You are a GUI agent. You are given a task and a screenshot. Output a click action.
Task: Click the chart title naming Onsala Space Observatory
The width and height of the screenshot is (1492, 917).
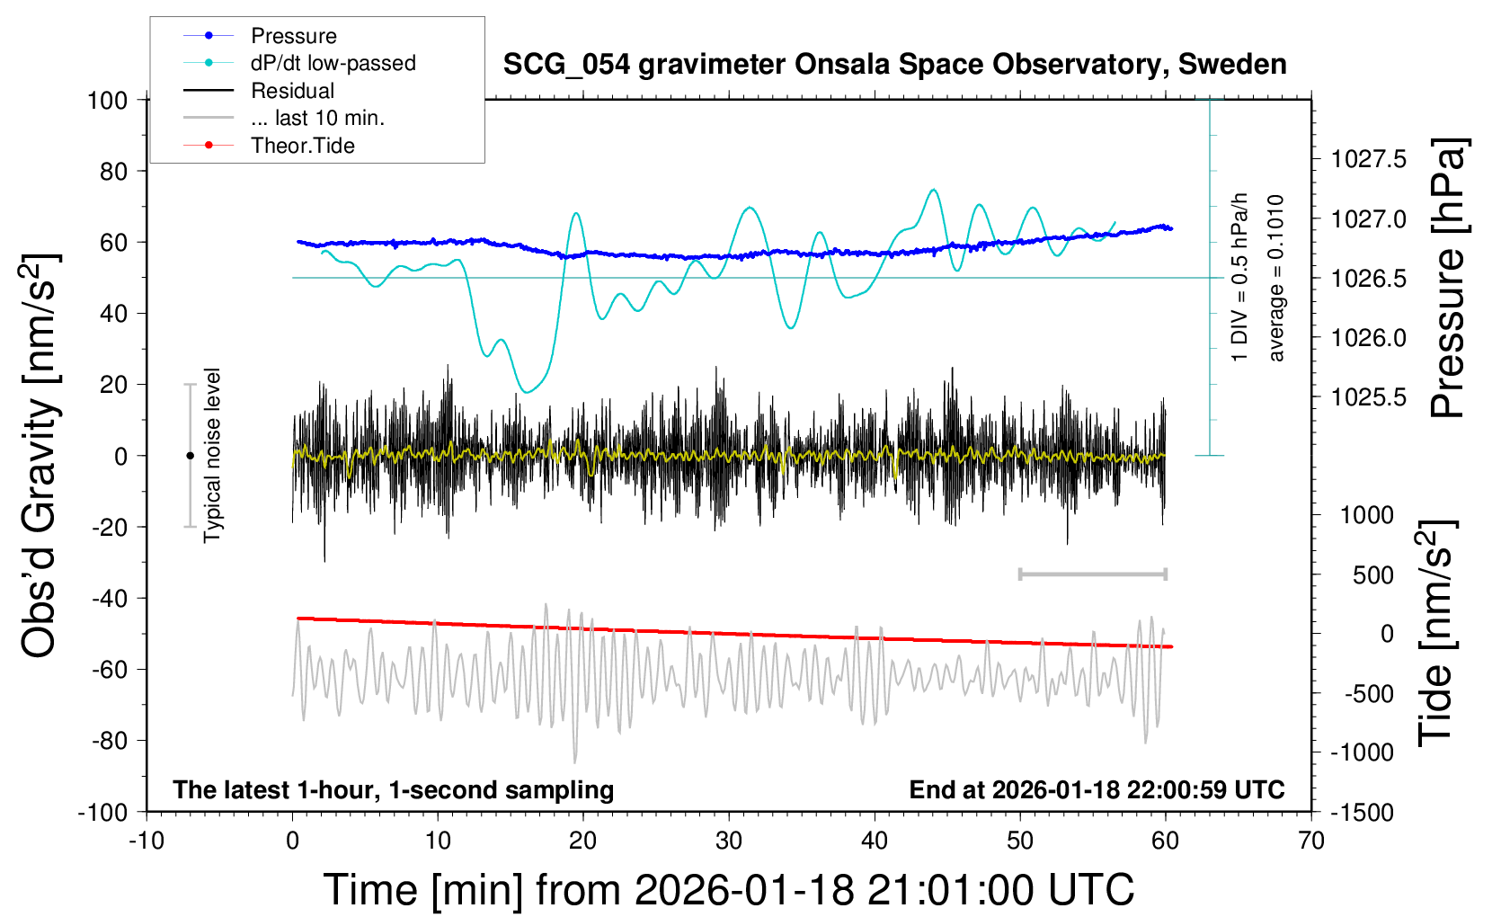894,65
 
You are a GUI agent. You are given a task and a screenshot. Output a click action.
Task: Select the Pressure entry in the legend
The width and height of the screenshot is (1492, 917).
293,36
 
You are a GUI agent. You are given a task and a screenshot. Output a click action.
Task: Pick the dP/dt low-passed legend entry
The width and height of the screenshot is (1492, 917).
333,63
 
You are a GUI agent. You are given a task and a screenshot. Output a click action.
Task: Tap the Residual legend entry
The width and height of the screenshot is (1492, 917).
292,91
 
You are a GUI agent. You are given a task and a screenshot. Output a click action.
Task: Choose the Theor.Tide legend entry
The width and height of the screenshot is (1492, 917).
302,146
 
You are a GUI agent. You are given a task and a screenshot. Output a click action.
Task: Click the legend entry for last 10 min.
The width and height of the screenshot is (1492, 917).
317,118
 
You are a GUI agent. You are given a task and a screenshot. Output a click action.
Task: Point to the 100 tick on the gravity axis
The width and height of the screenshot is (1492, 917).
107,100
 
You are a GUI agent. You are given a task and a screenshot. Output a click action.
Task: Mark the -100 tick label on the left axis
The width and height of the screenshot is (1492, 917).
102,812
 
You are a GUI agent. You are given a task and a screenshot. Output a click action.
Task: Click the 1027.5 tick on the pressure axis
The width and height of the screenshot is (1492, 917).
1369,159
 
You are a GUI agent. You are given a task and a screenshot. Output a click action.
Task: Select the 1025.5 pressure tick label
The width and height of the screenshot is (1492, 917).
1369,396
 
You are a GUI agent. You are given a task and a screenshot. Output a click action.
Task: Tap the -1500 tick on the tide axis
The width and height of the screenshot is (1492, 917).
1361,812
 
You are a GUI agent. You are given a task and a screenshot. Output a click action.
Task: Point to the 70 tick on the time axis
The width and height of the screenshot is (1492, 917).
1311,841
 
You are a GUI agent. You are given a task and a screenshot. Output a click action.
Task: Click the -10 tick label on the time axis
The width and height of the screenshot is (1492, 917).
146,841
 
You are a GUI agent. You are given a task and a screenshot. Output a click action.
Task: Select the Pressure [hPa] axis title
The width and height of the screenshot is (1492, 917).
1449,279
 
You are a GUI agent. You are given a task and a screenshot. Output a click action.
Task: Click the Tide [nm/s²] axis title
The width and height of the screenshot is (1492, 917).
1436,633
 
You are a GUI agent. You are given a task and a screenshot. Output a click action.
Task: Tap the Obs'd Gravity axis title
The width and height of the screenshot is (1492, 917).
40,456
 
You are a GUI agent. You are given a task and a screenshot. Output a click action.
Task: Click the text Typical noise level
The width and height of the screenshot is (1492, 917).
212,455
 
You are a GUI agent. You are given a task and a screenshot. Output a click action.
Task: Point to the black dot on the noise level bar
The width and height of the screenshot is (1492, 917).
190,456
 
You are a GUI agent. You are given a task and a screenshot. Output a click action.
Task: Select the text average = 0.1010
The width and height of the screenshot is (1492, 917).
1276,278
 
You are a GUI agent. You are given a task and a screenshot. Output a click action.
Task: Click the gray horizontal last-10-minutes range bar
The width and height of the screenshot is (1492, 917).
1092,574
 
